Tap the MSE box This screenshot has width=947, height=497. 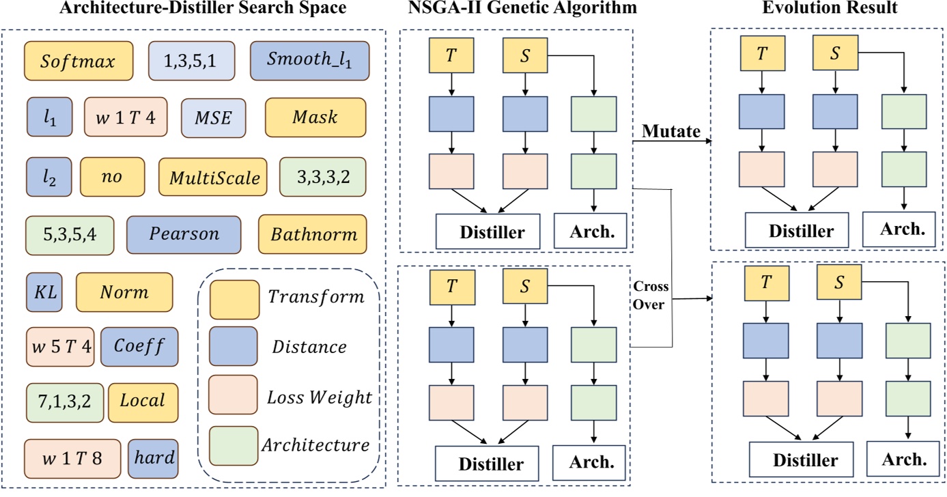[x=214, y=117]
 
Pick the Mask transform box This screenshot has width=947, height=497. [x=315, y=117]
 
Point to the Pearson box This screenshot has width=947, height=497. [x=184, y=234]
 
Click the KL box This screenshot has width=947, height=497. [x=44, y=292]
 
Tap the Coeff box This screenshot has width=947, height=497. [x=139, y=347]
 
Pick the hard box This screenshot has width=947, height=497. [x=153, y=457]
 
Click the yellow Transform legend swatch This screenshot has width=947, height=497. [x=234, y=298]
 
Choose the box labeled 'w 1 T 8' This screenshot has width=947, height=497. [x=72, y=457]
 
